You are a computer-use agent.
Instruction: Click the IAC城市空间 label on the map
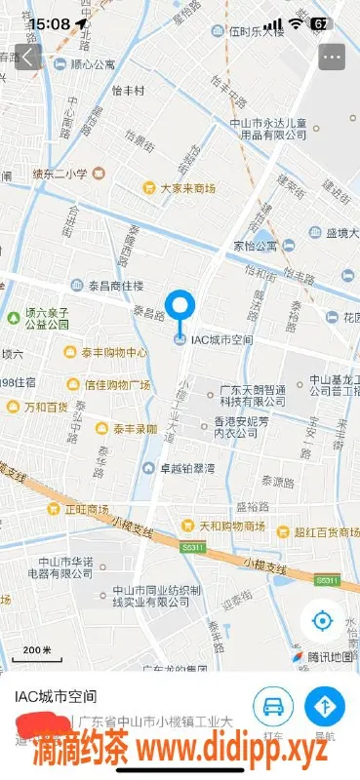click(220, 339)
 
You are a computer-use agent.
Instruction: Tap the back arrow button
click(28, 56)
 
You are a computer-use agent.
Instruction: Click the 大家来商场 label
click(187, 187)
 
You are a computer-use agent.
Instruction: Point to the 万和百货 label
click(46, 406)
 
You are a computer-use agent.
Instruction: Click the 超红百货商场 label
click(327, 531)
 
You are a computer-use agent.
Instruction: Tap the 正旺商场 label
click(86, 509)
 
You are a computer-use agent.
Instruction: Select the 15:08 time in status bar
click(50, 22)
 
